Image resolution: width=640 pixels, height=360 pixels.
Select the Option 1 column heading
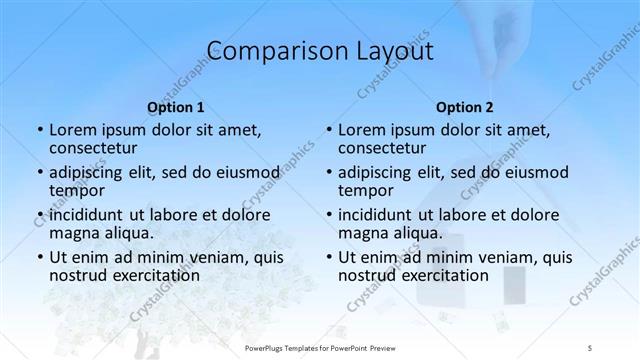pos(176,107)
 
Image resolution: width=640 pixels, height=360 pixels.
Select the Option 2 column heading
pos(465,107)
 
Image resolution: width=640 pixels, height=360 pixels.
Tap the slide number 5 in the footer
pos(592,347)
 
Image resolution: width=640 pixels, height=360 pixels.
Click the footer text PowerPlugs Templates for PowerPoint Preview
pos(320,347)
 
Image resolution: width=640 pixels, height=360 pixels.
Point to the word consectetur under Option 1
pos(96,149)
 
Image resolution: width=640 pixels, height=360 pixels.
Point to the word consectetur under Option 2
pos(385,149)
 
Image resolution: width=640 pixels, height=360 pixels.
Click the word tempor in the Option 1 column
pos(77,191)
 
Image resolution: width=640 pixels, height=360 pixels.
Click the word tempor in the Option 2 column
pos(366,191)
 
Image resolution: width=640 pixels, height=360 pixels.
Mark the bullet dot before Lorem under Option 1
pos(39,131)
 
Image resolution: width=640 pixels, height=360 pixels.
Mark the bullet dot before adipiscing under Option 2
pos(328,173)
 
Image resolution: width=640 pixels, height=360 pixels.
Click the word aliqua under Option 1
pos(129,233)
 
